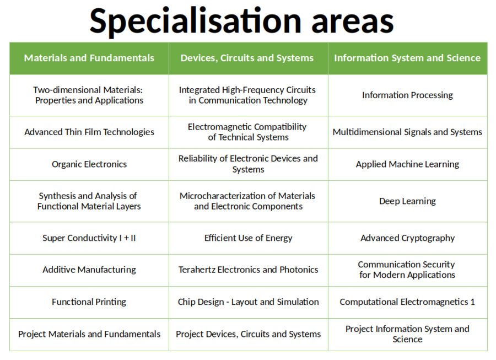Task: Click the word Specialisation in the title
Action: [x=195, y=22]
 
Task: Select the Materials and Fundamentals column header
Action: [x=89, y=58]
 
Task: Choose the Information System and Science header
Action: [x=407, y=58]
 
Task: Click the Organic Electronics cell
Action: [x=89, y=164]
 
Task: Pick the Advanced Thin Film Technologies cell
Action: [x=89, y=132]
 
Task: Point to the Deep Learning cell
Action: [x=407, y=201]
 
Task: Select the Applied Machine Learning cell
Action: [x=407, y=164]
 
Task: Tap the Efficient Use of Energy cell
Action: [x=249, y=238]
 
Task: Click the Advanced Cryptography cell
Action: [x=407, y=238]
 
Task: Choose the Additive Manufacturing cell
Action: [x=89, y=270]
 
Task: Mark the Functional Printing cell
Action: [x=89, y=302]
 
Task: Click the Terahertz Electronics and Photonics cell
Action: [x=249, y=270]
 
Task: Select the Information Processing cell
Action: [x=407, y=95]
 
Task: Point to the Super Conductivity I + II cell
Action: [x=89, y=238]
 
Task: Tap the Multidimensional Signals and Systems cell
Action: [x=407, y=132]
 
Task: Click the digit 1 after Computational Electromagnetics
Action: [x=473, y=302]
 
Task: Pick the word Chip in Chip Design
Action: [x=185, y=302]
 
